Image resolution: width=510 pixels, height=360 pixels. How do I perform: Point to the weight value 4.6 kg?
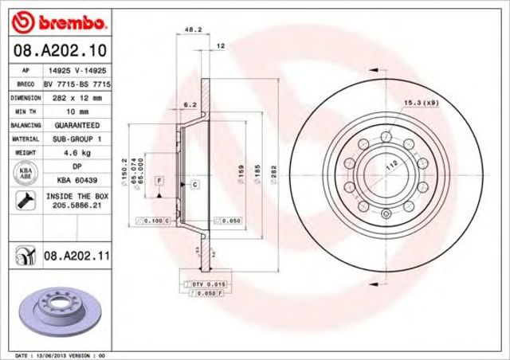[x=77, y=151]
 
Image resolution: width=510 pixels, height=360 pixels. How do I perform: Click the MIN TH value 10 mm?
[x=77, y=111]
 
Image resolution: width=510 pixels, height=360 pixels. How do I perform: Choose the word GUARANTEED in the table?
[x=77, y=125]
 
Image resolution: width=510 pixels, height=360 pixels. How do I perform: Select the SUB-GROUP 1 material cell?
[x=77, y=138]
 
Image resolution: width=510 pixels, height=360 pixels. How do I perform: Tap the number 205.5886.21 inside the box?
[x=77, y=205]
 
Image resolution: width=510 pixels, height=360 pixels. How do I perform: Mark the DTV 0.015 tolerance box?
[x=194, y=284]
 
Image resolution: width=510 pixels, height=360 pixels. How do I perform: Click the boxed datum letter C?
[x=194, y=184]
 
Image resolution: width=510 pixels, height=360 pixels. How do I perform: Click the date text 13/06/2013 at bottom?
[x=54, y=354]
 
